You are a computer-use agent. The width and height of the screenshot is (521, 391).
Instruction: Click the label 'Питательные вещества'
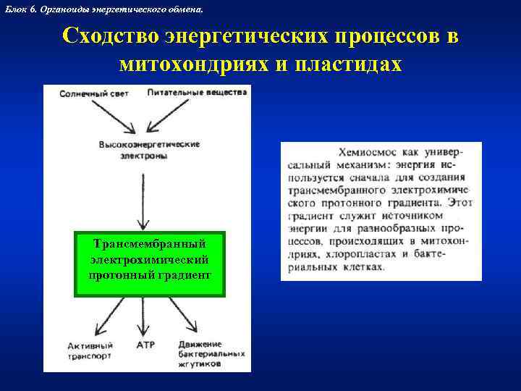[197, 93]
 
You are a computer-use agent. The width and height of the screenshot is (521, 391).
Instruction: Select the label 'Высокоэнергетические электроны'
[149, 150]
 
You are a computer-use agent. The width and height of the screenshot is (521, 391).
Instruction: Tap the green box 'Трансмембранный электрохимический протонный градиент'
[150, 264]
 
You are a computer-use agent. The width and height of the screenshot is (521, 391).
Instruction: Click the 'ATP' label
[145, 345]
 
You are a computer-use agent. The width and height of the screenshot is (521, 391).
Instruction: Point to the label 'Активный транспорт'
[90, 350]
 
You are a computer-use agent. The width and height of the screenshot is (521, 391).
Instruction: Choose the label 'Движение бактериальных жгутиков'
[210, 355]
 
